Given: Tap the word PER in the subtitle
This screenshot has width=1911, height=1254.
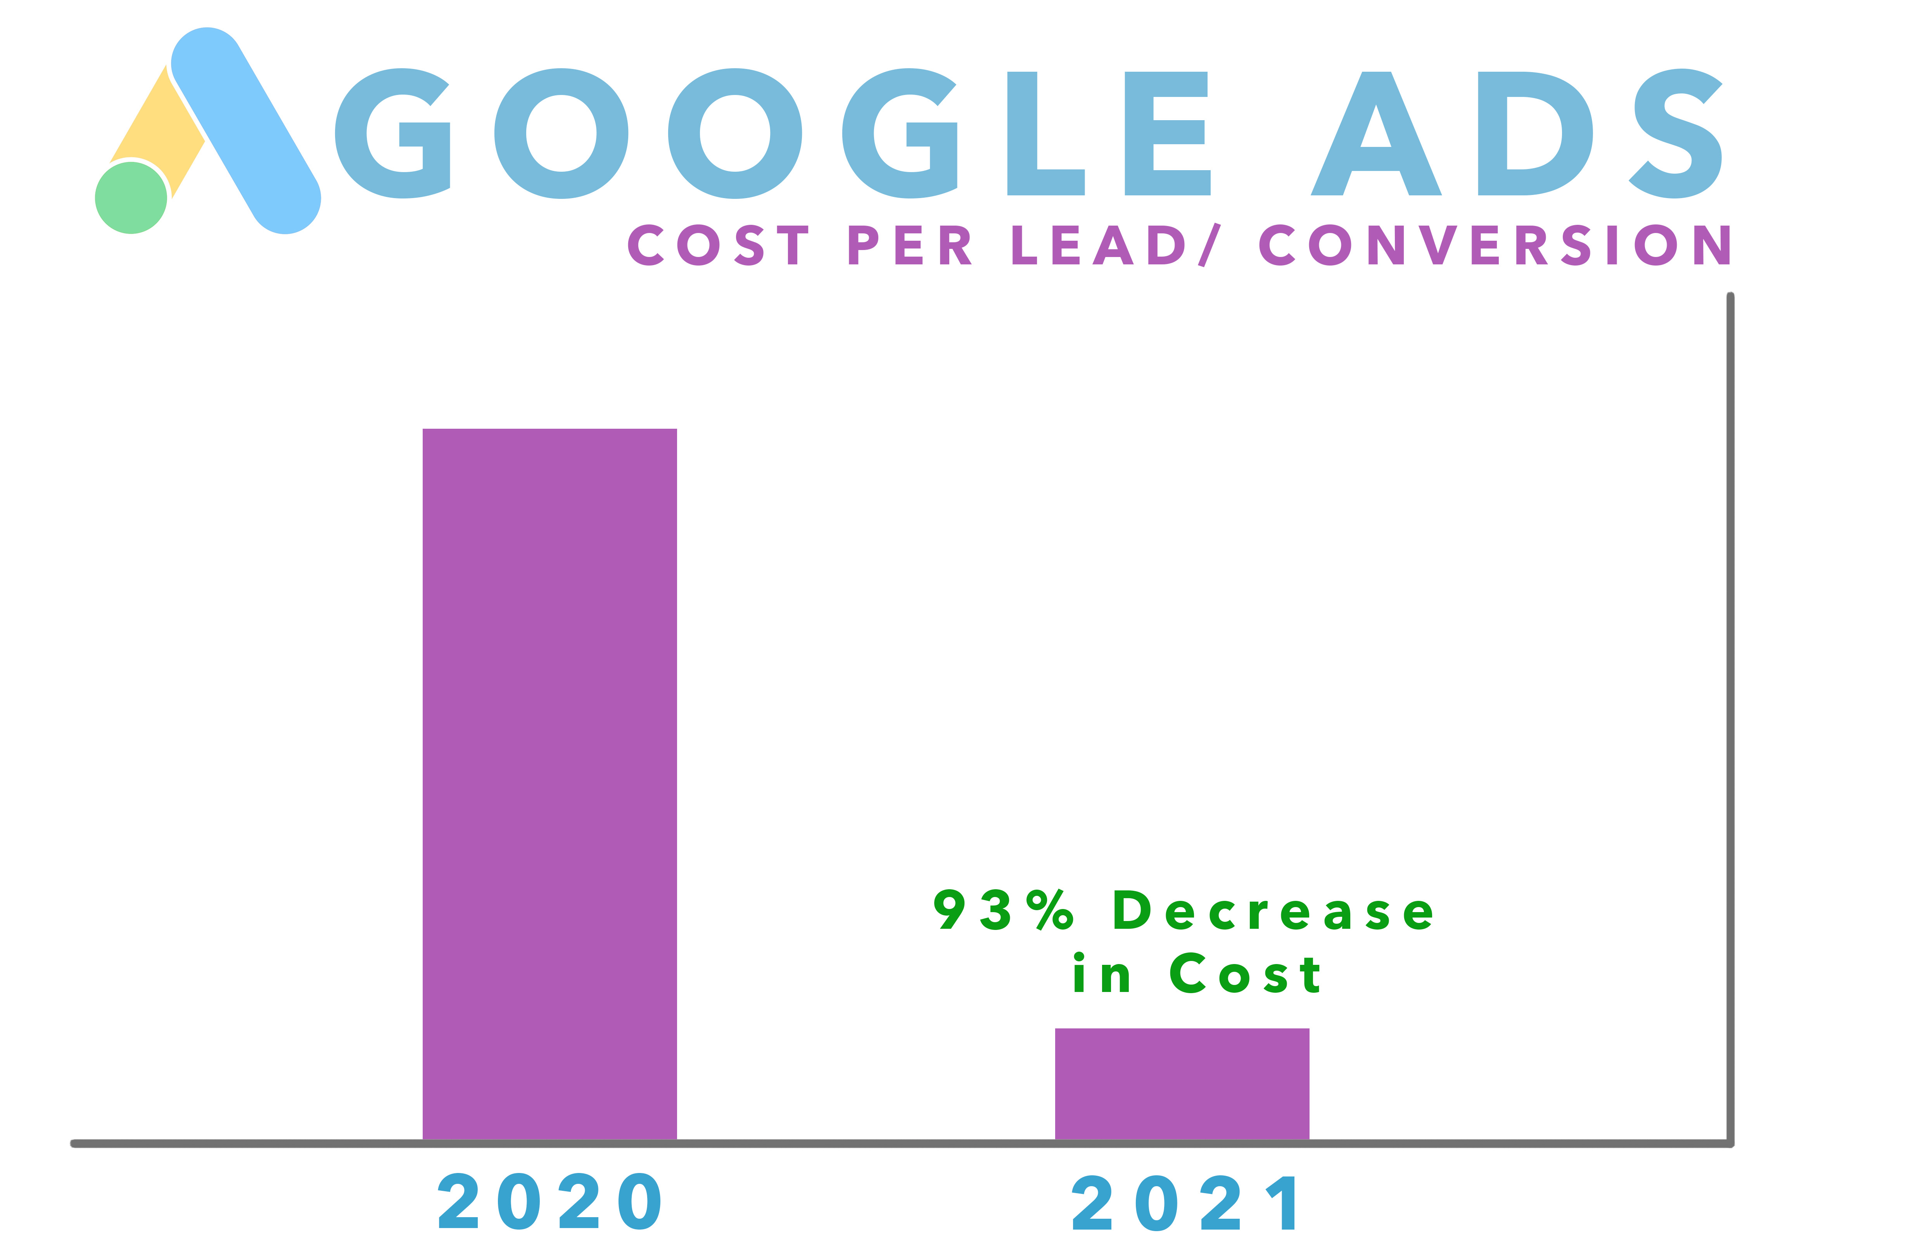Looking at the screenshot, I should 910,245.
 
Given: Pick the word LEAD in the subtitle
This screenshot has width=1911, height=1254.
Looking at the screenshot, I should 1097,245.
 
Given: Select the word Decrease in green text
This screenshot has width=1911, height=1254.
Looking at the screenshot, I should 1273,911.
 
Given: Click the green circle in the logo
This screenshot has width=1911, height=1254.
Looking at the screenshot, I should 131,198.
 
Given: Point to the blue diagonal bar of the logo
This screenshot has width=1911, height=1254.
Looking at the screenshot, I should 246,130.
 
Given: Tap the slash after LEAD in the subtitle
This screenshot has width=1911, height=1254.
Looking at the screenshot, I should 1208,245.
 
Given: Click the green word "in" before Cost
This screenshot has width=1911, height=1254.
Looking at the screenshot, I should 1102,974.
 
